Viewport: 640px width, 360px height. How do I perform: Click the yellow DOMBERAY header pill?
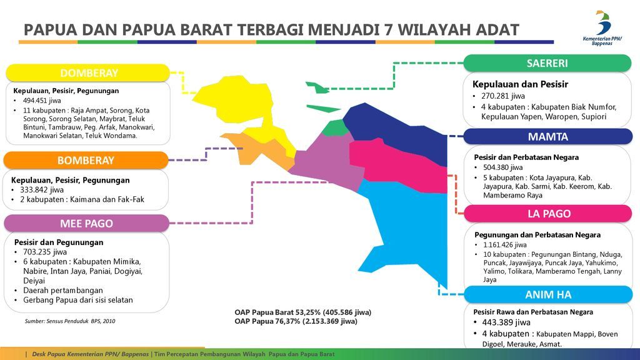click(89, 73)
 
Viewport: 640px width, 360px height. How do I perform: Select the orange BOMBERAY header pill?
click(86, 161)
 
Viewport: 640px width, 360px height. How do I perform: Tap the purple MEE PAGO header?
click(86, 223)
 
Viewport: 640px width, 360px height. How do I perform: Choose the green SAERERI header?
click(547, 63)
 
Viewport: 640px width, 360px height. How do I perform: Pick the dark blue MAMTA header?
click(547, 137)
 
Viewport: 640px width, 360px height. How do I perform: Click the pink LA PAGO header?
click(548, 214)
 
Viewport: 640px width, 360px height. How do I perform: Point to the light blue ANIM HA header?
click(548, 294)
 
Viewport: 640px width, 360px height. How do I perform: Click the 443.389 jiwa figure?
click(506, 322)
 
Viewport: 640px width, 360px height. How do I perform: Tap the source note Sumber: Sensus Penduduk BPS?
click(70, 321)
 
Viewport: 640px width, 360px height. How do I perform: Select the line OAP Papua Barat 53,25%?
click(302, 312)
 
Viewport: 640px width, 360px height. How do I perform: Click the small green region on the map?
click(337, 128)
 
